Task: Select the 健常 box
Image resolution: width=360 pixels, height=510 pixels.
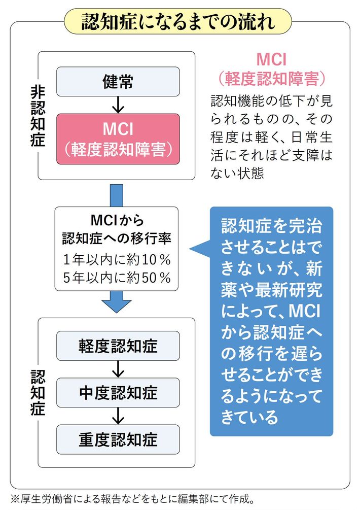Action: tap(118, 81)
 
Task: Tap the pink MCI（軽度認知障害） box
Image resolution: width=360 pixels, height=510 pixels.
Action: tap(118, 139)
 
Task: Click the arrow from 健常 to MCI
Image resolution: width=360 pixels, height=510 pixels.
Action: tap(118, 105)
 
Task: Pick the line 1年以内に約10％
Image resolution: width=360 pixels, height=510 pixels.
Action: tap(117, 259)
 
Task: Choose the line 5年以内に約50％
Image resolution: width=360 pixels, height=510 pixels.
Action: tap(117, 278)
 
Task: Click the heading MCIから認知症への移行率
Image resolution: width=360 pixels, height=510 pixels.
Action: tap(117, 229)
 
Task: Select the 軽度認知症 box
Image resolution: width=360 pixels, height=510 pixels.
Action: tap(118, 346)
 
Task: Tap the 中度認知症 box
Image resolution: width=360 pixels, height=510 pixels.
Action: tap(118, 392)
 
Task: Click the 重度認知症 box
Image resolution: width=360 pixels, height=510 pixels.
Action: tap(118, 438)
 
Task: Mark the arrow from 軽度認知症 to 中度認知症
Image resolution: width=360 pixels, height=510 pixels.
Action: tap(118, 369)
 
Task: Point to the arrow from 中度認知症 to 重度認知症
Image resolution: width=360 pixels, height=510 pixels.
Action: tap(118, 415)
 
